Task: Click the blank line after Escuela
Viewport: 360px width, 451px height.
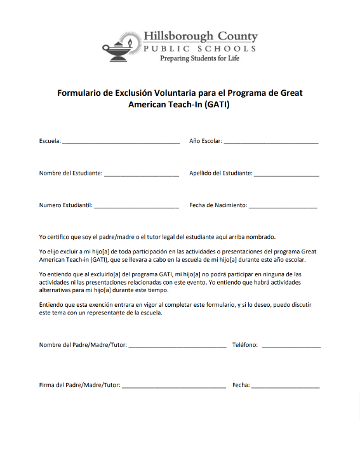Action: [x=121, y=142]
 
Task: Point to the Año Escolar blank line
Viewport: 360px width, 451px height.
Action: [x=271, y=142]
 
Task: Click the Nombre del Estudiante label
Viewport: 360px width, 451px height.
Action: [x=70, y=173]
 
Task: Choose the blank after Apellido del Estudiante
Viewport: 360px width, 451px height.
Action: [x=286, y=174]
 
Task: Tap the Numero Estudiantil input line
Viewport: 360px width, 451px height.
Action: [x=137, y=206]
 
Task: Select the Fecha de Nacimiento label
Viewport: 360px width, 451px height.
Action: [x=218, y=205]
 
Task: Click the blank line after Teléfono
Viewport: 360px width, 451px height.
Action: [x=291, y=346]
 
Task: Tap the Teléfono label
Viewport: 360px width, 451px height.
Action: [x=245, y=345]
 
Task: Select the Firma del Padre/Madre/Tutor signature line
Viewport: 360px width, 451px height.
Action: [x=174, y=386]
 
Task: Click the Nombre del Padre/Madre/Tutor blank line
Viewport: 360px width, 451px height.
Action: [x=177, y=346]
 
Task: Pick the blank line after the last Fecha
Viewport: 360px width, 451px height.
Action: [x=286, y=386]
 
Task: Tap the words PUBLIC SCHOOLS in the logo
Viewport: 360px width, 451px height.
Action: [x=199, y=48]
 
